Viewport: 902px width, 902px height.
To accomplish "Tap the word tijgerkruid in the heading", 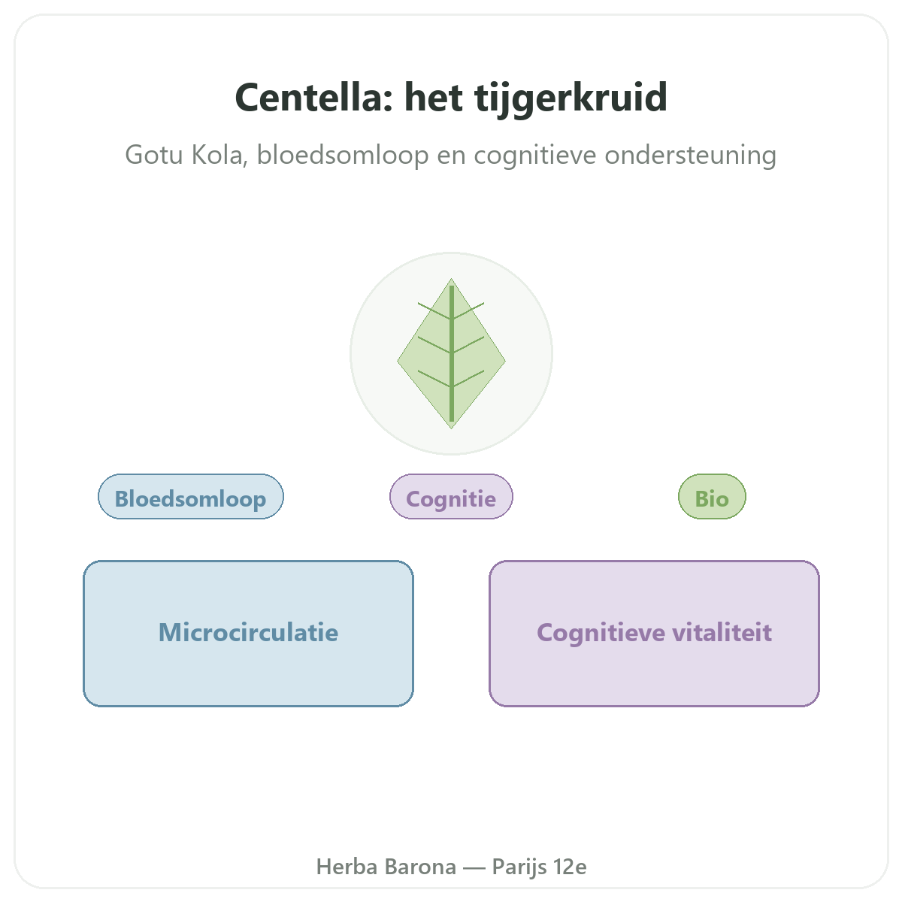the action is [x=571, y=100].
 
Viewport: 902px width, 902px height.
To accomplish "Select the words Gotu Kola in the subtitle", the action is [x=186, y=155].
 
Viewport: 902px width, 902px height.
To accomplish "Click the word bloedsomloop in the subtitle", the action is [x=343, y=155].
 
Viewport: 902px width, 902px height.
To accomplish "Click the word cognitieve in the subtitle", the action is [x=535, y=155].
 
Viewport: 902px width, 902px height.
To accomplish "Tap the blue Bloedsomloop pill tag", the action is [x=190, y=496].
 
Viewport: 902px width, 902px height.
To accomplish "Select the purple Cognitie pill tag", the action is [x=451, y=496].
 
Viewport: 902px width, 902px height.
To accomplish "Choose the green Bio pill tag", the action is [x=712, y=496].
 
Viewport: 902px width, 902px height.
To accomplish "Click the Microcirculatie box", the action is [x=248, y=634].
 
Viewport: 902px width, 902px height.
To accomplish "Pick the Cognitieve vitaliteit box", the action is [x=654, y=634].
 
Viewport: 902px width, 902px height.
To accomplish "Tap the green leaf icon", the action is [x=451, y=353].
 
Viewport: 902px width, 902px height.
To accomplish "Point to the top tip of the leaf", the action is [x=451, y=279].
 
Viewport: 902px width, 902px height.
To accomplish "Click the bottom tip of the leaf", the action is [x=451, y=428].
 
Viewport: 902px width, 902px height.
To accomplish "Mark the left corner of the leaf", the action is [x=398, y=361].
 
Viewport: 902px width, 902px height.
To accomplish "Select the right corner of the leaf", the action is [x=506, y=361].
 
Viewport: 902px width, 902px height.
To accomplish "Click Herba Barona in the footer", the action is [x=386, y=867].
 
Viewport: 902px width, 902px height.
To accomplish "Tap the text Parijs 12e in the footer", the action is [x=539, y=867].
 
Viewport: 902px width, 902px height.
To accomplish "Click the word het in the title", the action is [x=434, y=98].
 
